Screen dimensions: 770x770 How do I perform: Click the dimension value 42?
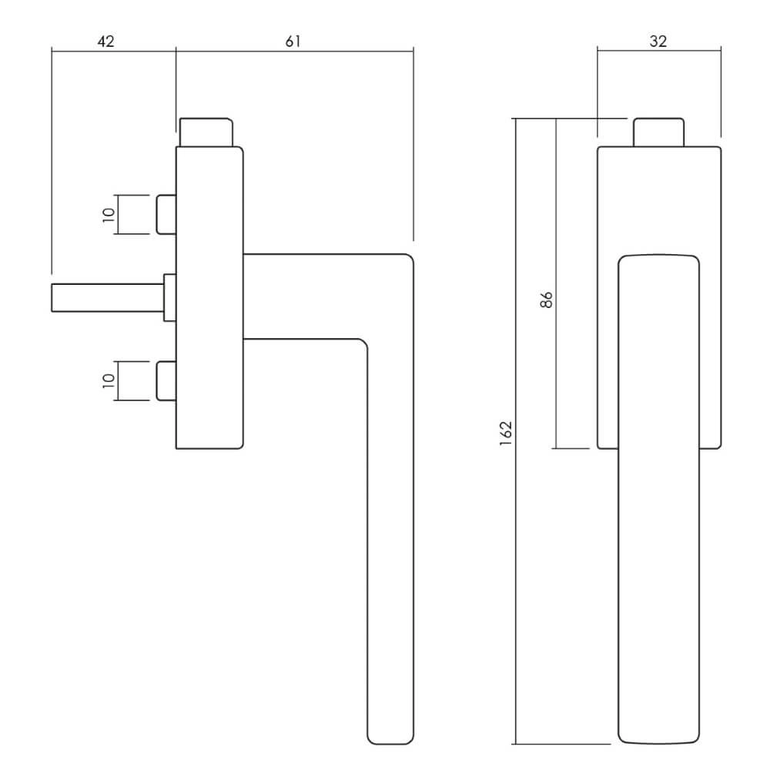click(105, 42)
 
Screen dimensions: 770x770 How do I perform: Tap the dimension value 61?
click(293, 42)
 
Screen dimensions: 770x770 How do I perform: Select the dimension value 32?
click(658, 42)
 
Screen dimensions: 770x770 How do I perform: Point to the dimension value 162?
click(506, 433)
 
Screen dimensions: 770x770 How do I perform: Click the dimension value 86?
click(546, 300)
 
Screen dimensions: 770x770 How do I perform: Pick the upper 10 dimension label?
click(109, 215)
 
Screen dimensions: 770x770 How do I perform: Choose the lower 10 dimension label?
click(109, 380)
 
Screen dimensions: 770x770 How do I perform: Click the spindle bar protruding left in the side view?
click(108, 297)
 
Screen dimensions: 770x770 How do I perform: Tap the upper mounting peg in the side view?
click(166, 215)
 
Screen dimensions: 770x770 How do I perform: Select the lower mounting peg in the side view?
click(166, 380)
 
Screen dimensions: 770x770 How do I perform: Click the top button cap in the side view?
click(206, 132)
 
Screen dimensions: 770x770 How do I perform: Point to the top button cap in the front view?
click(658, 132)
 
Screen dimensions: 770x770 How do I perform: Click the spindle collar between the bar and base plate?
click(170, 297)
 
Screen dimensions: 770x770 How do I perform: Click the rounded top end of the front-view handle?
click(658, 256)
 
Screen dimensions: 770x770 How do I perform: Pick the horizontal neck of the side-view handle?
click(304, 296)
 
